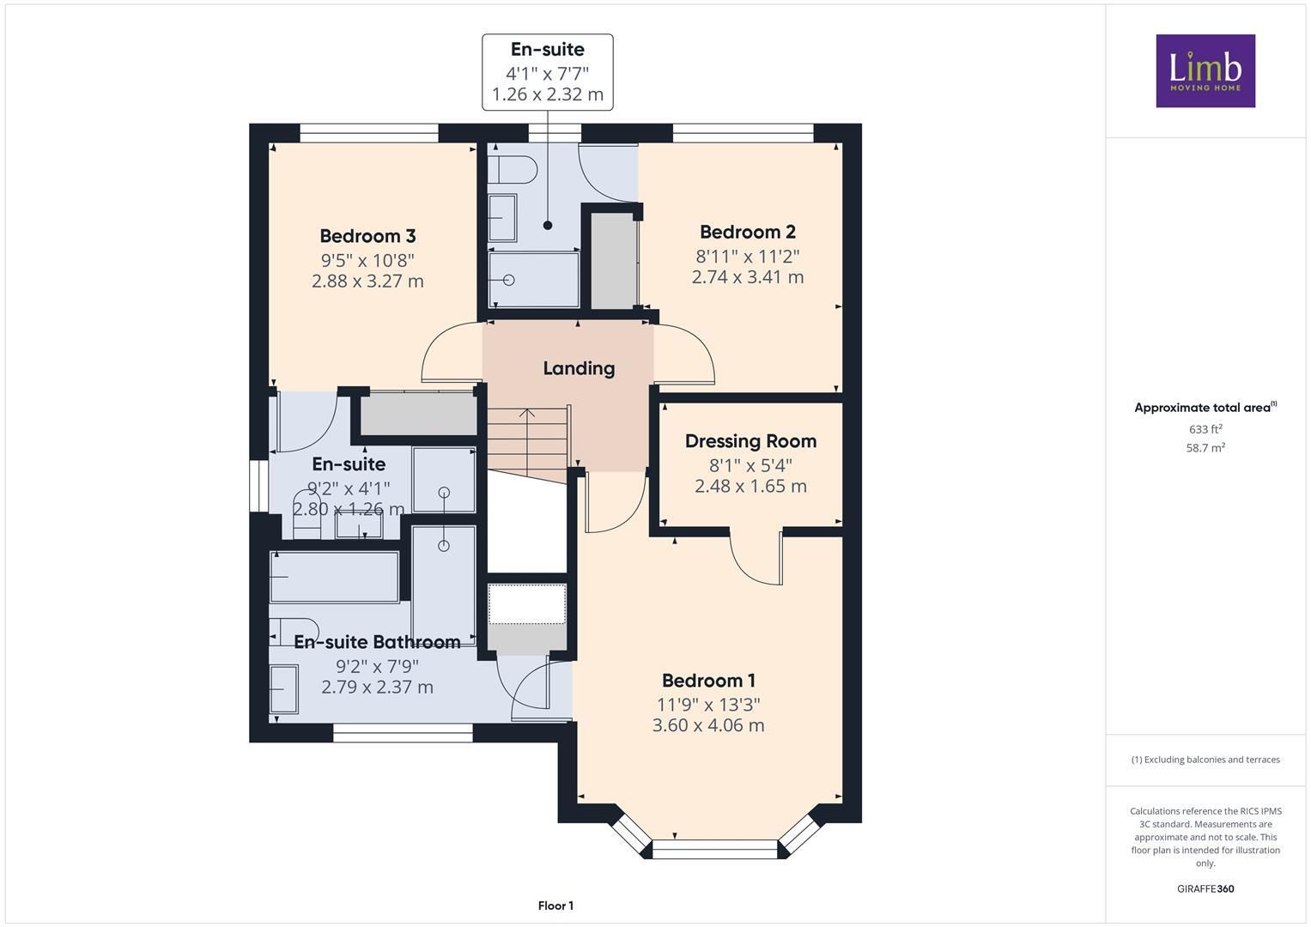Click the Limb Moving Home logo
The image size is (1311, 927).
1205,70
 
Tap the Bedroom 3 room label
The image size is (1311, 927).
367,236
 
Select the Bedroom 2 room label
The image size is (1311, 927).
748,232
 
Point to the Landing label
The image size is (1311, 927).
579,369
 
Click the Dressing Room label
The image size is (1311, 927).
751,441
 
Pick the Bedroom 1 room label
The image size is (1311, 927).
709,681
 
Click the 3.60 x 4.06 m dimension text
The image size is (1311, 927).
708,725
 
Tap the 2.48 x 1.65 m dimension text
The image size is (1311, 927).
751,487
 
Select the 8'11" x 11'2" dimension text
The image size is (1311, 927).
748,256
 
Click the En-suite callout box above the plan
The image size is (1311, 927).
548,72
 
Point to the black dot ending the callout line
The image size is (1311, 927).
547,225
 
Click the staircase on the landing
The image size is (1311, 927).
528,444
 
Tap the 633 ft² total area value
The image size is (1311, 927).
1205,429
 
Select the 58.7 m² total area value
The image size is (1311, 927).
1205,448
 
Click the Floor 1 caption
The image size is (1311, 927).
556,906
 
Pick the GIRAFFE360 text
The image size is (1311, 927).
1205,888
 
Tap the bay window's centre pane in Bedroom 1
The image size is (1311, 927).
715,849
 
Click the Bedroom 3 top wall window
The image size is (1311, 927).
368,133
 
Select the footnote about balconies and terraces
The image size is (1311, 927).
1205,760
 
